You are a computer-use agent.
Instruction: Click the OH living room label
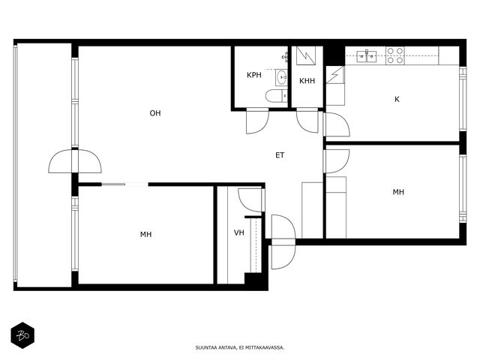pyautogui.click(x=155, y=113)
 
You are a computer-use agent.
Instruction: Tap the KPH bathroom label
pyautogui.click(x=254, y=75)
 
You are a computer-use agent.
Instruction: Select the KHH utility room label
pyautogui.click(x=307, y=81)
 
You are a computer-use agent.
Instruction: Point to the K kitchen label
pyautogui.click(x=397, y=99)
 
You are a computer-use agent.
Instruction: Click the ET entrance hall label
pyautogui.click(x=280, y=155)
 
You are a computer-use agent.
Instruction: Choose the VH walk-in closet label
pyautogui.click(x=239, y=233)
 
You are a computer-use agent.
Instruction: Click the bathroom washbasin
pyautogui.click(x=281, y=78)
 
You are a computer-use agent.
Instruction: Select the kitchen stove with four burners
pyautogui.click(x=395, y=55)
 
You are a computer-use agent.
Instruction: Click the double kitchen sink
pyautogui.click(x=367, y=56)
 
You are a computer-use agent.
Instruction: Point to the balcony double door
pyautogui.click(x=75, y=161)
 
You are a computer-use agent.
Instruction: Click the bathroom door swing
pyautogui.click(x=257, y=121)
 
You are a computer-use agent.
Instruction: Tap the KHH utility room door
pyautogui.click(x=307, y=120)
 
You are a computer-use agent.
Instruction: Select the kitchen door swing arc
pyautogui.click(x=337, y=124)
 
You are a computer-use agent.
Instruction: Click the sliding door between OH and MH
pyautogui.click(x=125, y=184)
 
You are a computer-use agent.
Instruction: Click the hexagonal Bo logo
pyautogui.click(x=22, y=335)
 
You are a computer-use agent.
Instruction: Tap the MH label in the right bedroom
pyautogui.click(x=398, y=192)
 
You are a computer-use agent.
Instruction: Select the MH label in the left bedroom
pyautogui.click(x=146, y=235)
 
